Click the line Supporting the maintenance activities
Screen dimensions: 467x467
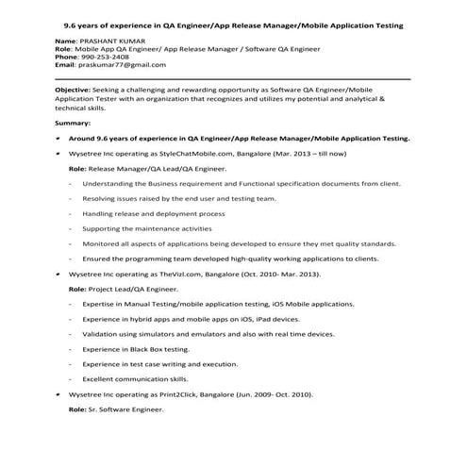click(146, 228)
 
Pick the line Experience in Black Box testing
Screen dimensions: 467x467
click(136, 349)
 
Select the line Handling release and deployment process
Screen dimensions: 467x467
click(153, 213)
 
